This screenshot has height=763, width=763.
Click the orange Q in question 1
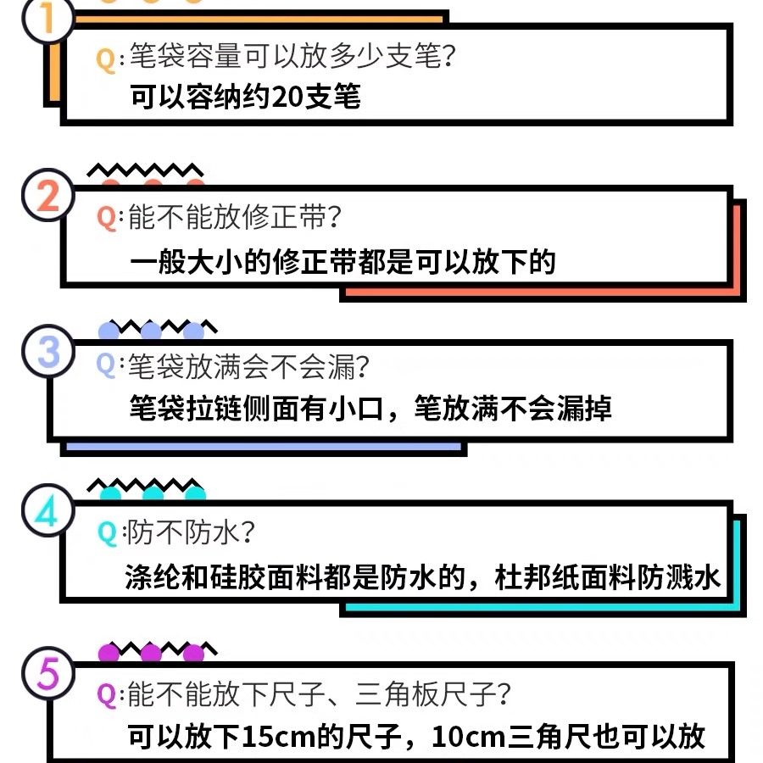pos(106,58)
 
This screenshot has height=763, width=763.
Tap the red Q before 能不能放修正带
pos(106,218)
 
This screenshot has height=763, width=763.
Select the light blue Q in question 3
pos(106,365)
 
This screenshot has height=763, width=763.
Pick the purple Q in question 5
pos(106,695)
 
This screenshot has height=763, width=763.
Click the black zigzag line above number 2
pos(145,170)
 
